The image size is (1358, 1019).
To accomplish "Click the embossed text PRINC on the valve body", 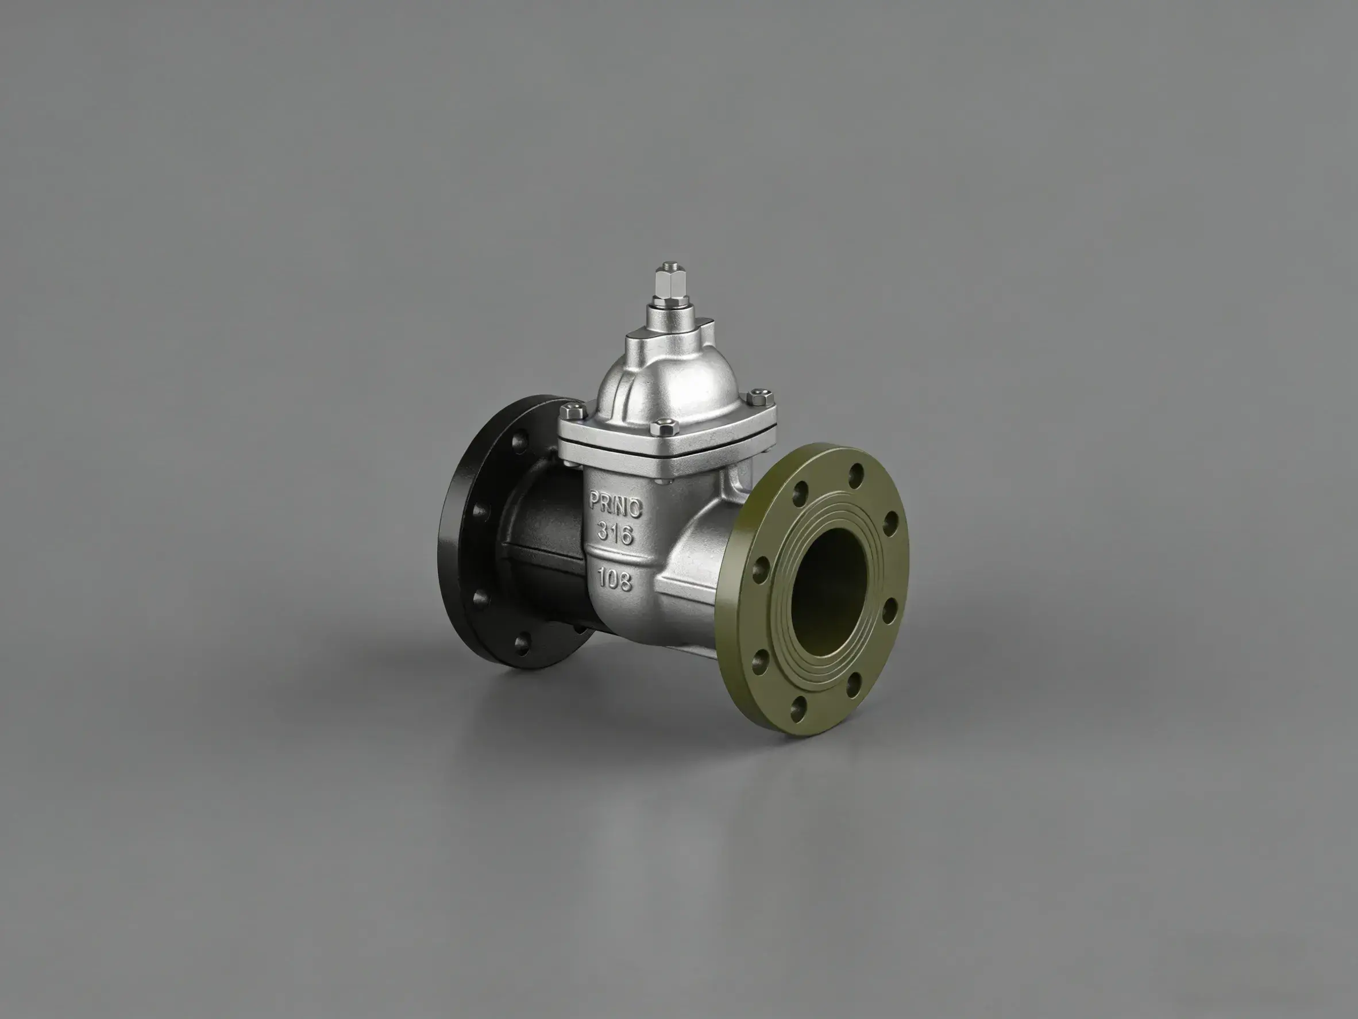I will pos(615,504).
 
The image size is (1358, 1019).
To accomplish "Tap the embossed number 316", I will pos(615,533).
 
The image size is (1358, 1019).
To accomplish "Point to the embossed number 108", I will pos(615,579).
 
